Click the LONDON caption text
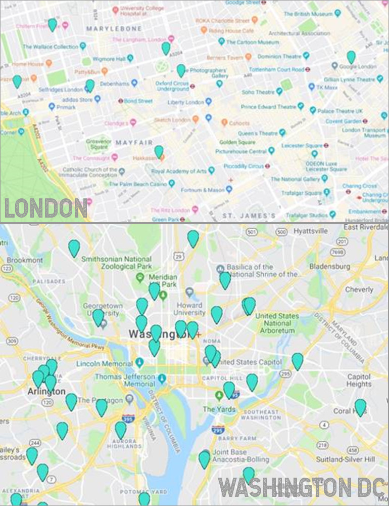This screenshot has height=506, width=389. point(46,208)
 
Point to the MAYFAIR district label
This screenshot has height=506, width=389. point(134,143)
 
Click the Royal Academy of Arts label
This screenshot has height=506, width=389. point(179,172)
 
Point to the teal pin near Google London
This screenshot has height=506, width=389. point(351,57)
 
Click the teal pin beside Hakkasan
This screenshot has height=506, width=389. point(159,151)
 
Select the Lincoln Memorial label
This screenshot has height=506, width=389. point(105,364)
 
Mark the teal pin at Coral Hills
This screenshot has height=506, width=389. point(360,407)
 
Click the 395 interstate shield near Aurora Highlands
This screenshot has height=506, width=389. point(127,418)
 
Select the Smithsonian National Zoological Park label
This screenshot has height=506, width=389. point(117,262)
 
